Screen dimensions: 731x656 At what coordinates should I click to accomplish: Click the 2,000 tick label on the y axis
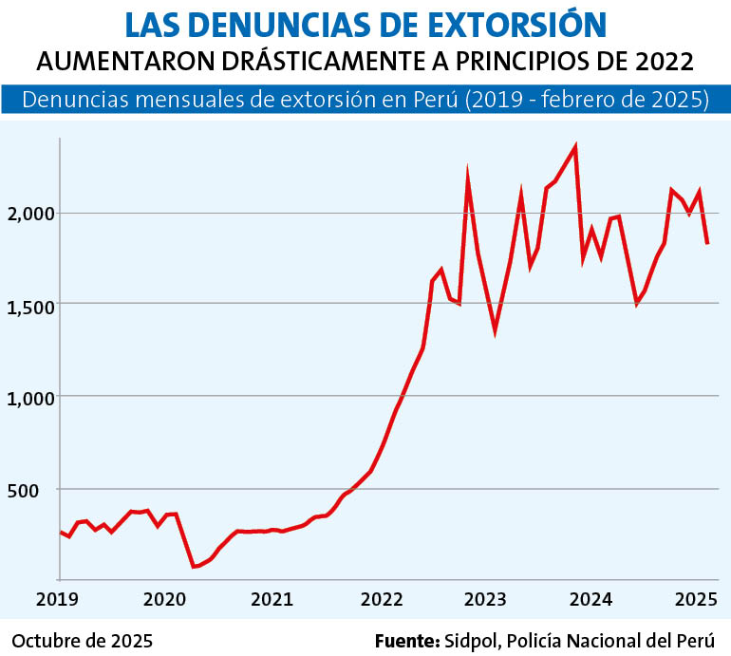(x=30, y=215)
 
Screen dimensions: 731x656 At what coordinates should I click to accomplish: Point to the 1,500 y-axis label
(x=30, y=308)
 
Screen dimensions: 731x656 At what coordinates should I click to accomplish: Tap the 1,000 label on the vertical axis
(x=30, y=399)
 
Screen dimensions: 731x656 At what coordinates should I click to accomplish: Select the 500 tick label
(x=23, y=491)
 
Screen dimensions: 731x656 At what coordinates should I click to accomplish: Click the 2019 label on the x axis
(x=57, y=599)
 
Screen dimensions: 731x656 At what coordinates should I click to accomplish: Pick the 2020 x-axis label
(x=164, y=599)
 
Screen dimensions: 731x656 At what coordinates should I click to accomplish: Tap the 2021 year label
(x=272, y=599)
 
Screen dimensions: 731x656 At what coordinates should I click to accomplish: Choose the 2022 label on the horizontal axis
(x=382, y=599)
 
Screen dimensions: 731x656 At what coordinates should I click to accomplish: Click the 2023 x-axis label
(x=485, y=599)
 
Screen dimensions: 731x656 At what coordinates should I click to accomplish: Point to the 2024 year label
(x=590, y=599)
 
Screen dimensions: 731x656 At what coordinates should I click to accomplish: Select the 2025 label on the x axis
(x=697, y=599)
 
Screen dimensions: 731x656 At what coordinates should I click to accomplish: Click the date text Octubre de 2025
(x=83, y=641)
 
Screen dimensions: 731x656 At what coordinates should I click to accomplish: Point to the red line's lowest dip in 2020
(x=194, y=567)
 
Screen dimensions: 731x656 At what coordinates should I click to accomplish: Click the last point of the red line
(x=707, y=243)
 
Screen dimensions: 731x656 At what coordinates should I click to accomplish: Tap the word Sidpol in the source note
(x=473, y=642)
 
